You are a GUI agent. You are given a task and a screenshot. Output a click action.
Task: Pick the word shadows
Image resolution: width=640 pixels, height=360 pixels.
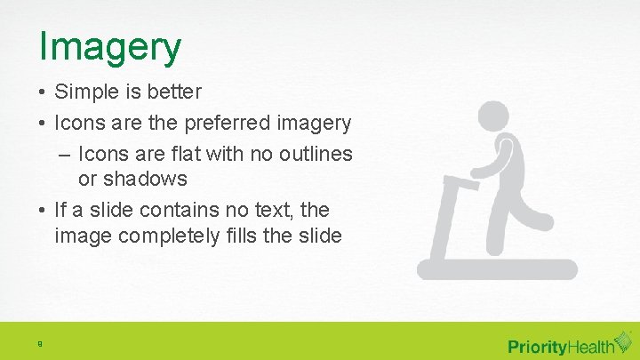(x=146, y=179)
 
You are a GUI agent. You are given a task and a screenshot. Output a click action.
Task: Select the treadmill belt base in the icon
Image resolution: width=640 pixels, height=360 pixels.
(x=498, y=270)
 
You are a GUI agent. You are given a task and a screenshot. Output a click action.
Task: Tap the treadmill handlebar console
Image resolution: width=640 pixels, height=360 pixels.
(x=461, y=184)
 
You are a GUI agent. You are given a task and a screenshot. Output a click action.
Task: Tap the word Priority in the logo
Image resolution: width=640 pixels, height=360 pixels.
(x=537, y=346)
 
